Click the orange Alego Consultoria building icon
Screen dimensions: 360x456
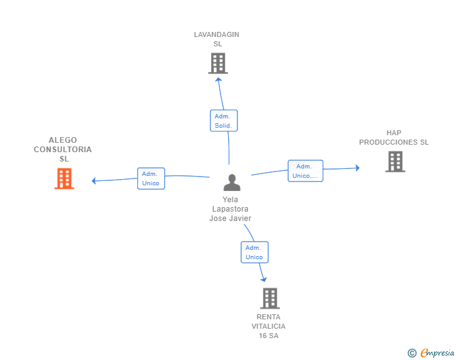coord(64,178)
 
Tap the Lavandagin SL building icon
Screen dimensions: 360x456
coord(217,63)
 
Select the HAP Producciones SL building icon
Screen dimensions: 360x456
coord(395,162)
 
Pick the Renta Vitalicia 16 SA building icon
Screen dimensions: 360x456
coord(269,298)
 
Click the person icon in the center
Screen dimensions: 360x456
coord(232,183)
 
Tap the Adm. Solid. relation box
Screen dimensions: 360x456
coord(223,121)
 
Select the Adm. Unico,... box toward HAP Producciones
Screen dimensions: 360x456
coord(305,171)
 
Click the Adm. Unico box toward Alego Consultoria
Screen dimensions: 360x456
coord(151,178)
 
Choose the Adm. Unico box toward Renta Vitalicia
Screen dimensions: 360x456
coord(254,252)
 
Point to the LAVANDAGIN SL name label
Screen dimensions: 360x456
coord(217,39)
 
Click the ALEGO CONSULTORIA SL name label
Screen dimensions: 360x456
coord(63,150)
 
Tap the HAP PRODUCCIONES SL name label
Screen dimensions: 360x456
coord(394,138)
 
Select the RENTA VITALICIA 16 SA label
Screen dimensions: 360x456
coord(269,326)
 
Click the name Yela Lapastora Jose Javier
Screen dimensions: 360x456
coord(230,209)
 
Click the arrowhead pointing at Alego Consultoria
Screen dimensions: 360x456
coord(94,181)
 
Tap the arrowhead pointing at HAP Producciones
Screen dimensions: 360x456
coord(357,168)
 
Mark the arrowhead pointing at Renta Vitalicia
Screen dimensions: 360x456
coord(264,279)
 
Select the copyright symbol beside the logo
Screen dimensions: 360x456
coord(412,353)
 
